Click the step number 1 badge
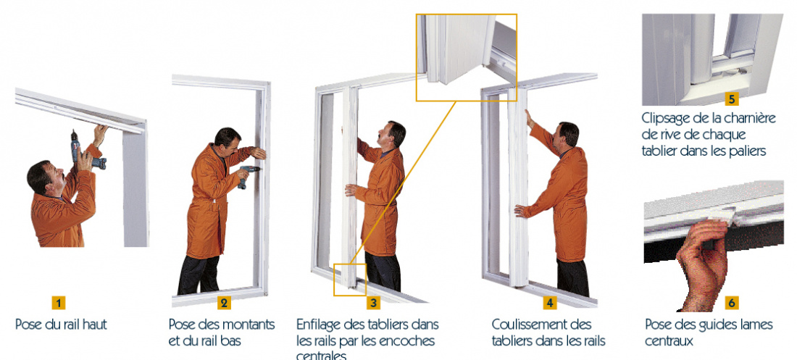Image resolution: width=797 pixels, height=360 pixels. click(x=59, y=303)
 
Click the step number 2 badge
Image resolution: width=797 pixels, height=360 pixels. click(x=224, y=303)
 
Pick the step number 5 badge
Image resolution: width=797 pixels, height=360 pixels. click(x=732, y=99)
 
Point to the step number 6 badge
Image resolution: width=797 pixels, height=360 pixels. click(x=732, y=303)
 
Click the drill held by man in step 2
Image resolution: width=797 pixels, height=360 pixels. click(x=247, y=174)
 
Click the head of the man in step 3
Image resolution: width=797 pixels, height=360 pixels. click(x=394, y=135)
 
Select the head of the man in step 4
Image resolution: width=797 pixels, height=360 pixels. click(x=568, y=135)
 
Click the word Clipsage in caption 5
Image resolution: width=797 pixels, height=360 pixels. click(x=666, y=117)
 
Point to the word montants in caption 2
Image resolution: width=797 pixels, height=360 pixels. click(x=249, y=324)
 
